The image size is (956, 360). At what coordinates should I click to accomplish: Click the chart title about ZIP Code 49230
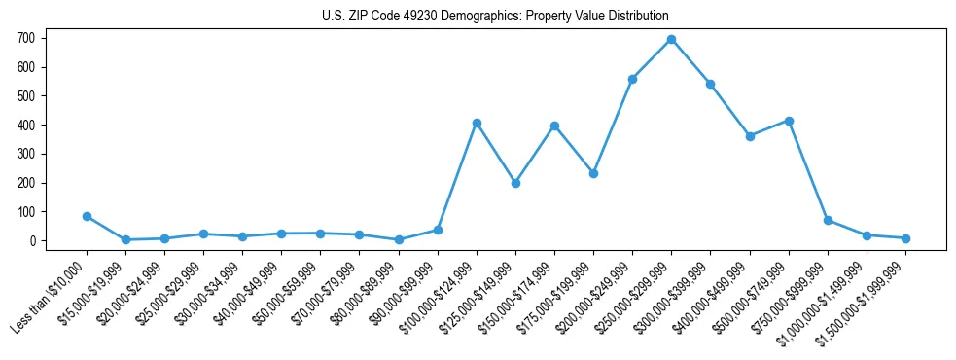tap(495, 17)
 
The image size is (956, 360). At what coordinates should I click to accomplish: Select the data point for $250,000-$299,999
tap(671, 40)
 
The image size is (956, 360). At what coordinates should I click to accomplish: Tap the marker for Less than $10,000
tap(87, 216)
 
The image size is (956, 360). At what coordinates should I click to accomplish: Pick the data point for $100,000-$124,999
tap(477, 123)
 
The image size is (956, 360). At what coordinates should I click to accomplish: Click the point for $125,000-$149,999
tap(515, 183)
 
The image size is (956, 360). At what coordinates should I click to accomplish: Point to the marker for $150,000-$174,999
tap(554, 126)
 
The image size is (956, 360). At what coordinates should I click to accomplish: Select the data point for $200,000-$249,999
tap(632, 79)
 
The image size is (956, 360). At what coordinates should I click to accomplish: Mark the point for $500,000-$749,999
tap(789, 121)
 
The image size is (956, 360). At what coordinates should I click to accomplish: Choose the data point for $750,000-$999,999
tap(828, 220)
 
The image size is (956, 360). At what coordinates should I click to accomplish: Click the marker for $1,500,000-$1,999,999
tap(905, 238)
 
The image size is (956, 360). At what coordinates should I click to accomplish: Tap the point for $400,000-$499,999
tap(750, 136)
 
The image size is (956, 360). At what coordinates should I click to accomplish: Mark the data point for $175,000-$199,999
tap(593, 173)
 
